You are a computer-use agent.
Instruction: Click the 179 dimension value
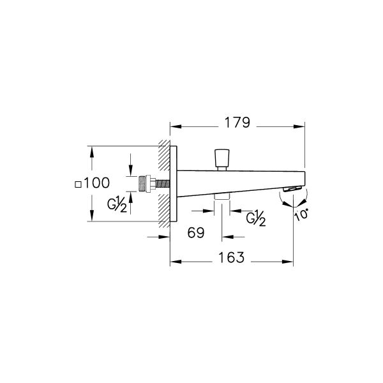click(x=236, y=123)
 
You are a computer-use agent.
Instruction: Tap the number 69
click(x=196, y=233)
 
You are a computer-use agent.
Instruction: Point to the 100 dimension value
click(x=97, y=183)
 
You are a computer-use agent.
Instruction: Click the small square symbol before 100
click(x=78, y=184)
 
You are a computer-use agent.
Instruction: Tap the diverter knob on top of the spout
click(x=222, y=156)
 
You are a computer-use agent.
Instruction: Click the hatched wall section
click(x=163, y=183)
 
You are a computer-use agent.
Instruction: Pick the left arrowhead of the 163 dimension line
click(x=173, y=261)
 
